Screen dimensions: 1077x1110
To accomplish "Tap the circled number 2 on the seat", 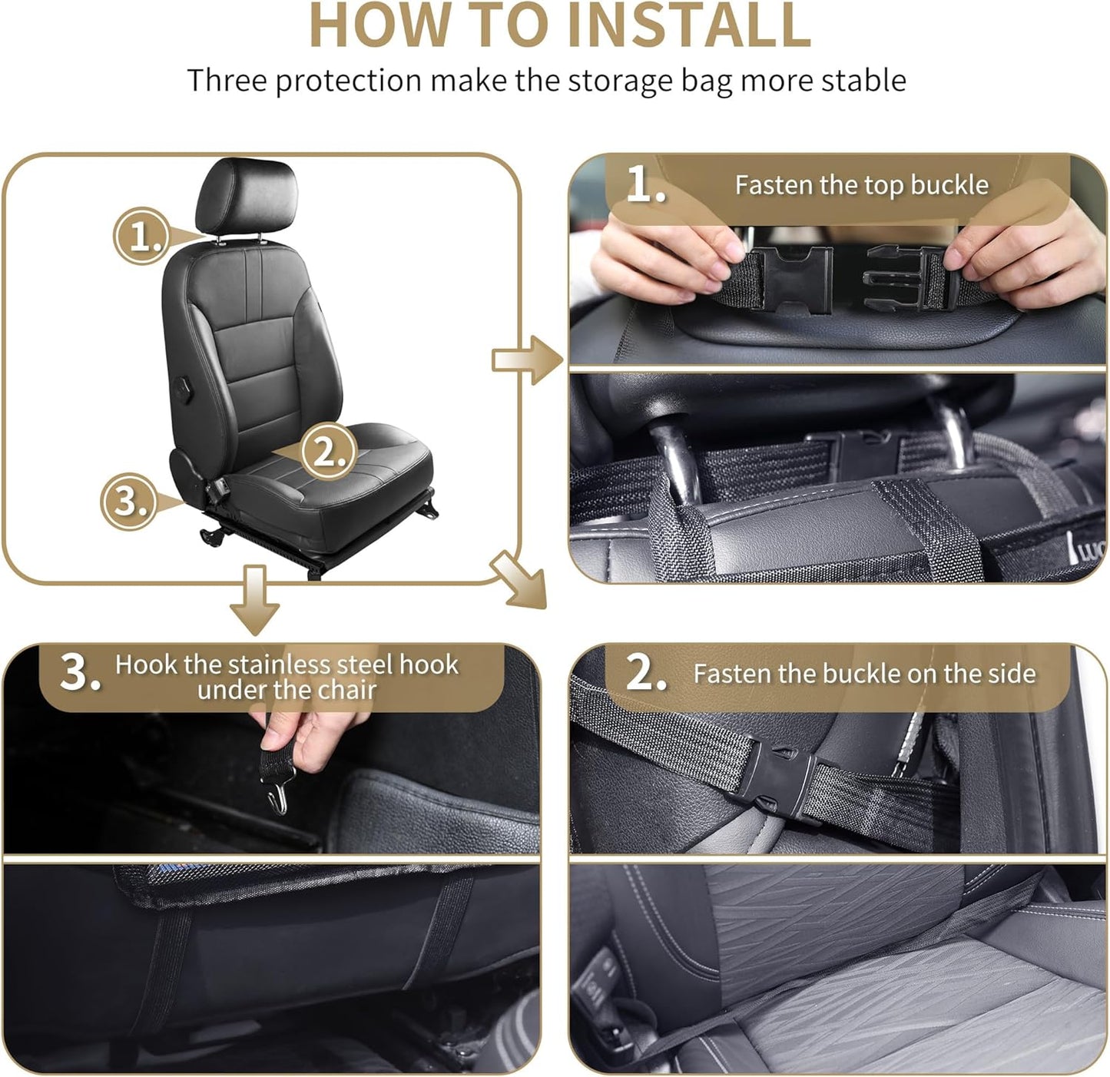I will [x=328, y=452].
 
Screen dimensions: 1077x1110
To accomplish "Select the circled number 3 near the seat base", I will [x=129, y=501].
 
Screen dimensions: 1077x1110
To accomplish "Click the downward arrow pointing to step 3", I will [x=254, y=600].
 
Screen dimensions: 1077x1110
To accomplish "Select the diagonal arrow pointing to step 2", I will [x=519, y=580].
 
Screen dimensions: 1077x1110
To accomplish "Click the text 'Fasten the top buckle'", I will [x=861, y=185].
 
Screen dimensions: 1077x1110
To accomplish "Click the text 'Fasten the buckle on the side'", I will [x=864, y=674].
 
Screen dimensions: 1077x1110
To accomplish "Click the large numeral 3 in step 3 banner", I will [x=79, y=673].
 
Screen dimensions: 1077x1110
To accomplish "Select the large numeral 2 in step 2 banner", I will [x=645, y=673].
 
